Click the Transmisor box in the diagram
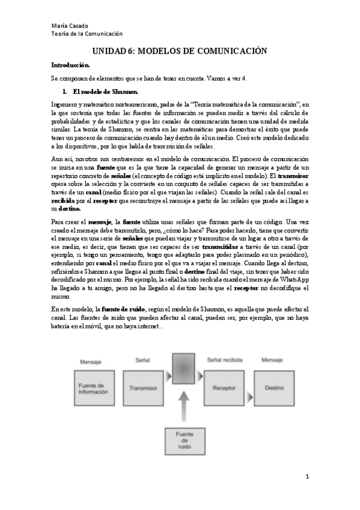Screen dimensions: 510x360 (x=142, y=388)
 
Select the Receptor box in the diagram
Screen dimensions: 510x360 (x=224, y=388)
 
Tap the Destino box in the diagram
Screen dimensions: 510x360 (x=274, y=388)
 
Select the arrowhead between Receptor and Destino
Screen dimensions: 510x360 (x=251, y=388)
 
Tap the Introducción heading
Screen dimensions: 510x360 (x=70, y=64)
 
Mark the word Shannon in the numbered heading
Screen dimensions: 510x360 (x=125, y=92)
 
